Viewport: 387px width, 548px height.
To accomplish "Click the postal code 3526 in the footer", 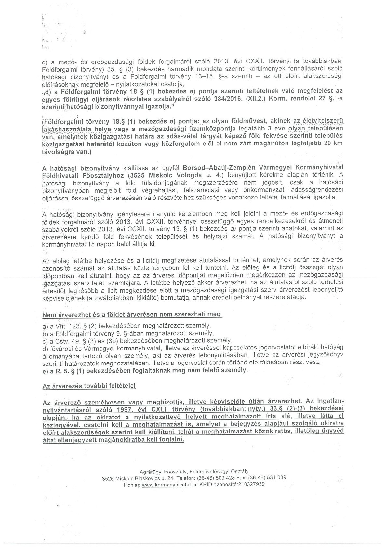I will coord(108,478).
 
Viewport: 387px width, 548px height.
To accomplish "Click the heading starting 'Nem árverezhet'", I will coord(132,315).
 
